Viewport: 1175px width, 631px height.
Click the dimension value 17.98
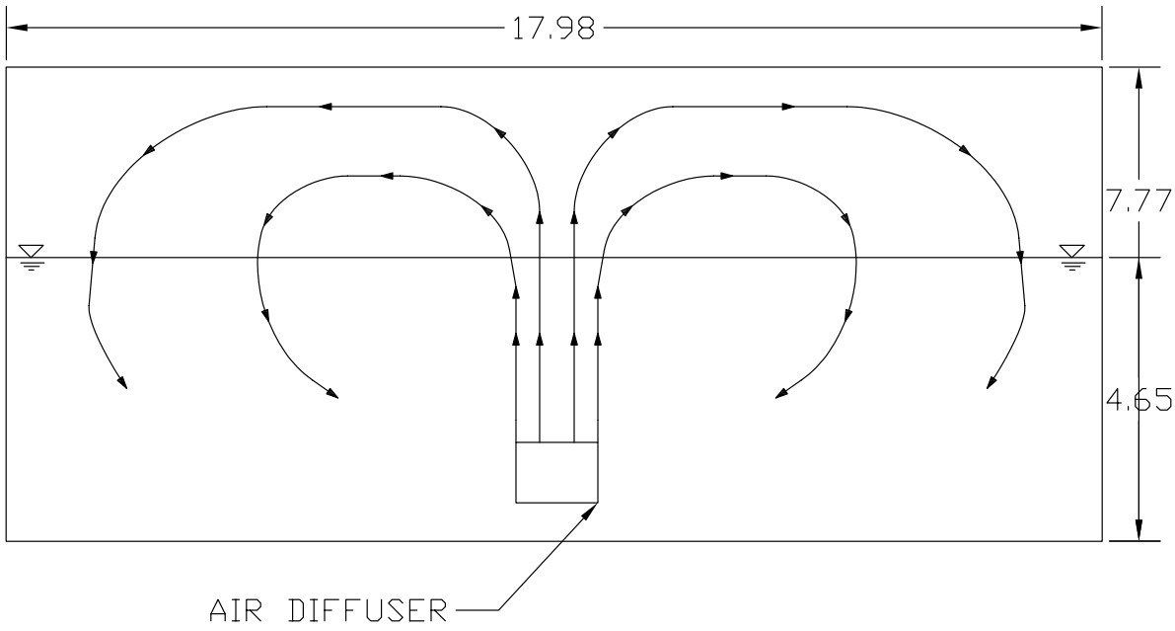[x=553, y=29]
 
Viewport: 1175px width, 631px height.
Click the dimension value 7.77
[x=1139, y=201]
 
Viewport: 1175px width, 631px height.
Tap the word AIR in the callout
[x=237, y=610]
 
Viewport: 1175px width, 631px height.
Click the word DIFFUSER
[x=368, y=610]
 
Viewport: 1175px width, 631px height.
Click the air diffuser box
[x=556, y=472]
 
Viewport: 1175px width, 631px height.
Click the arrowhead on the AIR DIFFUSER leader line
[x=591, y=511]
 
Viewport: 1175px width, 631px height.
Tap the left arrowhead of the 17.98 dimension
[x=17, y=28]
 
